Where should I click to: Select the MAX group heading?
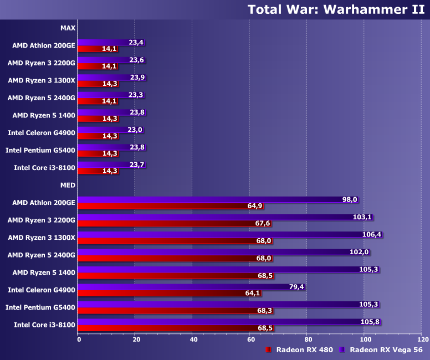tap(68, 27)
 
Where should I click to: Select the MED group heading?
tap(68, 185)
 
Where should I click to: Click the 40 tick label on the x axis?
tap(193, 339)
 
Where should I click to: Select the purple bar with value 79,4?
tap(183, 287)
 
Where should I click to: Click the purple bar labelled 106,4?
tap(222, 234)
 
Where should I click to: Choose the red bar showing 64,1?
tap(161, 294)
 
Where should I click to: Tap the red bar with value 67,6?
tap(166, 223)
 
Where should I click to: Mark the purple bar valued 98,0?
tap(211, 199)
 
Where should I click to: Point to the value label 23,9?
tap(137, 78)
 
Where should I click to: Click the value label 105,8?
tap(371, 322)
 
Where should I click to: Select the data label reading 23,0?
tap(135, 130)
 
